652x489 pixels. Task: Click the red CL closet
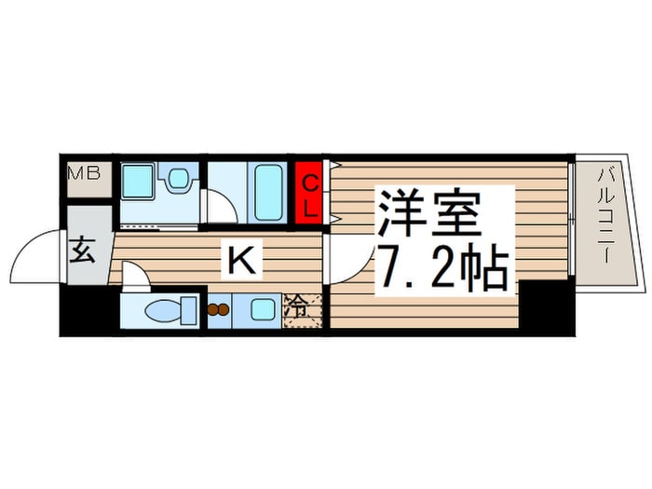pyautogui.click(x=309, y=193)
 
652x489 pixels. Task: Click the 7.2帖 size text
pyautogui.click(x=443, y=270)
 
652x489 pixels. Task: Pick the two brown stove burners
pyautogui.click(x=218, y=310)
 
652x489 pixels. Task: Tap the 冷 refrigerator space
pyautogui.click(x=303, y=309)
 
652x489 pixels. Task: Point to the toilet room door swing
pyautogui.click(x=133, y=274)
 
